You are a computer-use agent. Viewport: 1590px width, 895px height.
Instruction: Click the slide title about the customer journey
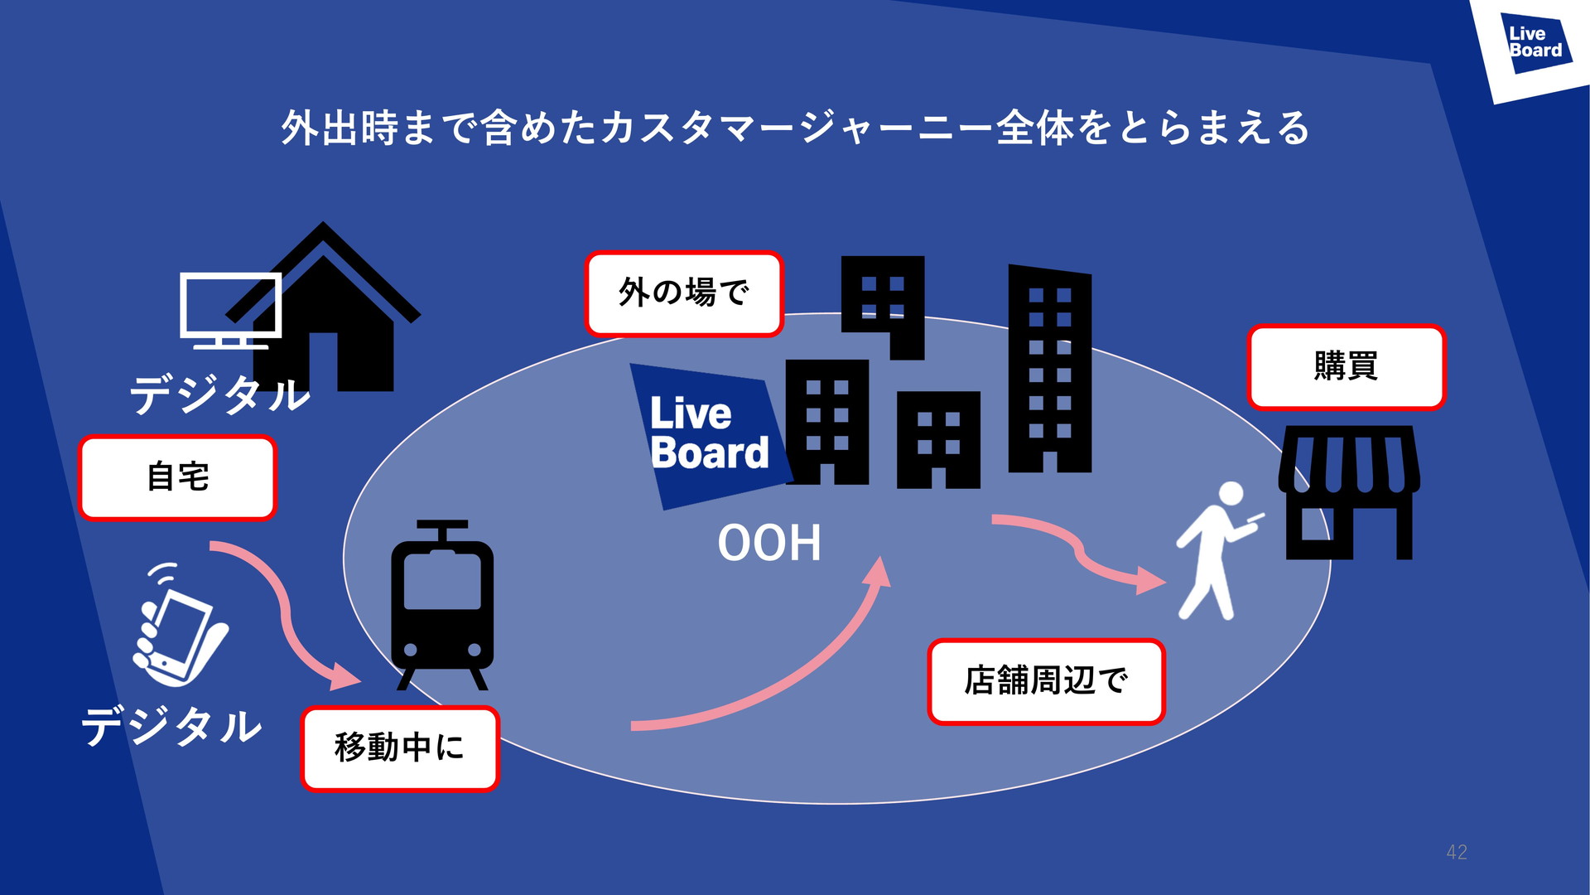[x=795, y=128]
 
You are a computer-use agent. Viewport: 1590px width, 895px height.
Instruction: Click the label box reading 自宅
[x=177, y=477]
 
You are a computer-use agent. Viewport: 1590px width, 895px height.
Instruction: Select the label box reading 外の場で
[x=683, y=293]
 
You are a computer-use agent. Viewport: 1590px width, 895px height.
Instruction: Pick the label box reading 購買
[x=1346, y=366]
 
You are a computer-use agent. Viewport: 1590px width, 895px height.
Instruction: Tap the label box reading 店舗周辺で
[x=1046, y=681]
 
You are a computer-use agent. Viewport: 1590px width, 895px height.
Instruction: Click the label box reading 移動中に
[x=399, y=747]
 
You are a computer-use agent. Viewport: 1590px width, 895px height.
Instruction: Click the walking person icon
[x=1216, y=551]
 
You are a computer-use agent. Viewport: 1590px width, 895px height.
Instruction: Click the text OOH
[x=768, y=544]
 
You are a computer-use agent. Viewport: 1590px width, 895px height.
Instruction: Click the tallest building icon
[x=1049, y=369]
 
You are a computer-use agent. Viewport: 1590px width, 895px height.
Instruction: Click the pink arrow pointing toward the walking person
[x=1077, y=551]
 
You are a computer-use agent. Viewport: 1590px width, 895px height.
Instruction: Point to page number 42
[x=1457, y=852]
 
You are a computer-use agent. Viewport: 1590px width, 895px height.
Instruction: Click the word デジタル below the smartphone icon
[x=171, y=727]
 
